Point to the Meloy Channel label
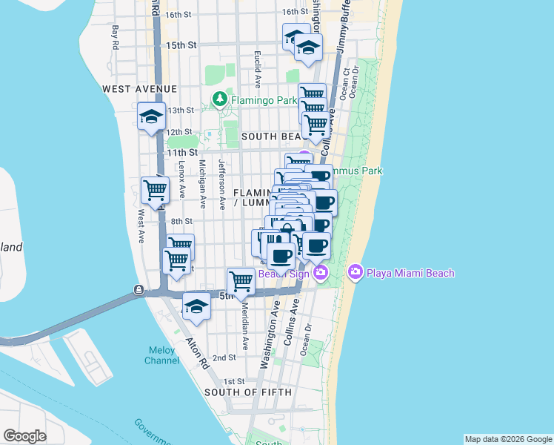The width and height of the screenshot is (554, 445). [162, 355]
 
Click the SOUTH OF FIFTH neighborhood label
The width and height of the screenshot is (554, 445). [248, 392]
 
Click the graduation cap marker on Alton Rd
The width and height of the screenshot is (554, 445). [196, 306]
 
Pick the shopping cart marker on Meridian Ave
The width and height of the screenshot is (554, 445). [241, 282]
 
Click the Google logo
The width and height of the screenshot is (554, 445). [24, 435]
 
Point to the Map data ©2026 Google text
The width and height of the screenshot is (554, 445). [507, 439]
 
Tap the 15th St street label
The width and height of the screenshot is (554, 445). [181, 45]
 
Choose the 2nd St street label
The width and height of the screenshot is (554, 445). [224, 357]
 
